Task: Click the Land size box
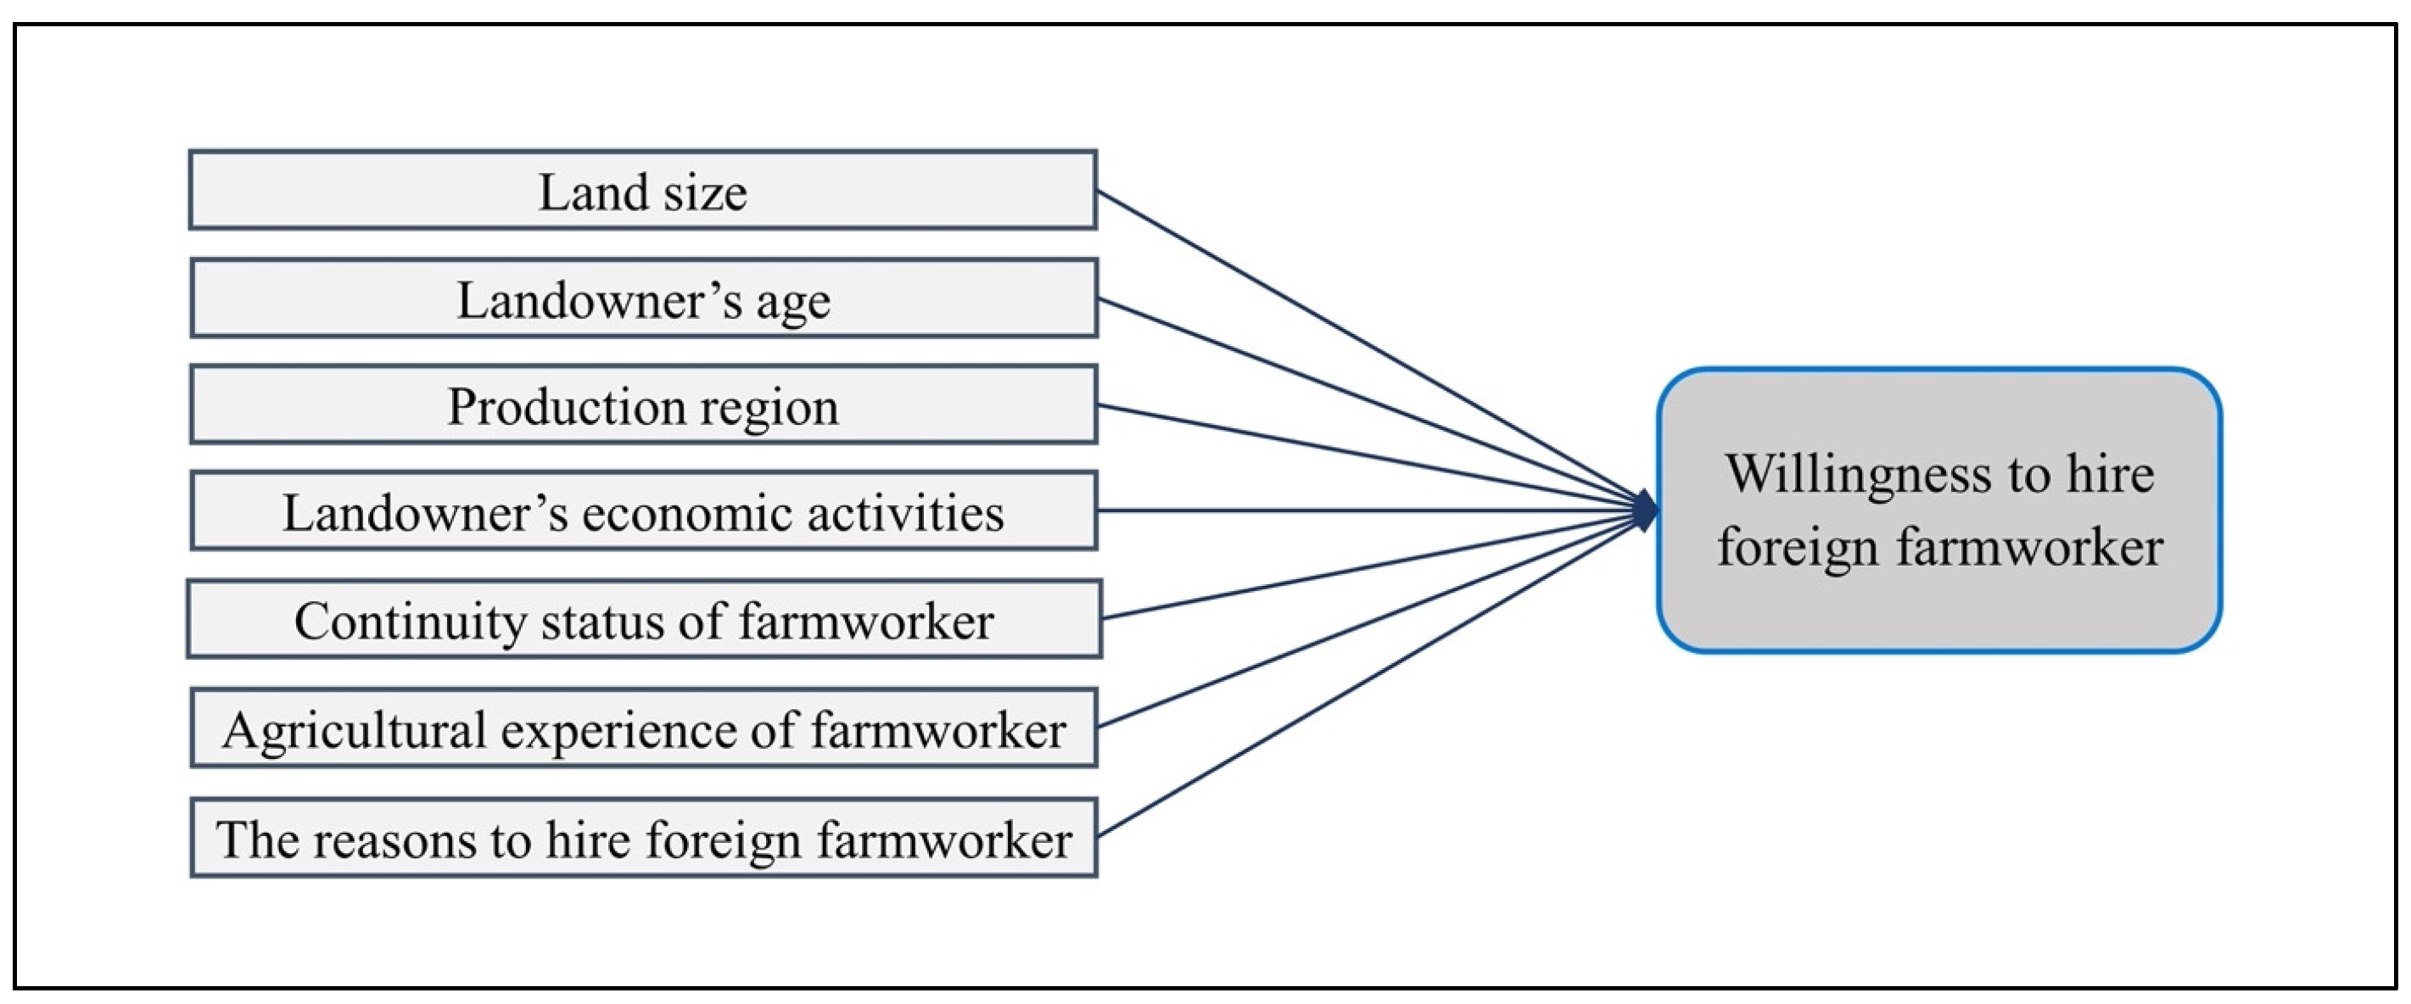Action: click(643, 190)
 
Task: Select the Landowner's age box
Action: click(643, 298)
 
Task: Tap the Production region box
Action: click(643, 404)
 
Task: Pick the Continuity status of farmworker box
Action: click(643, 619)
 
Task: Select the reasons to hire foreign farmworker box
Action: click(643, 838)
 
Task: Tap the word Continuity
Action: click(410, 622)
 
